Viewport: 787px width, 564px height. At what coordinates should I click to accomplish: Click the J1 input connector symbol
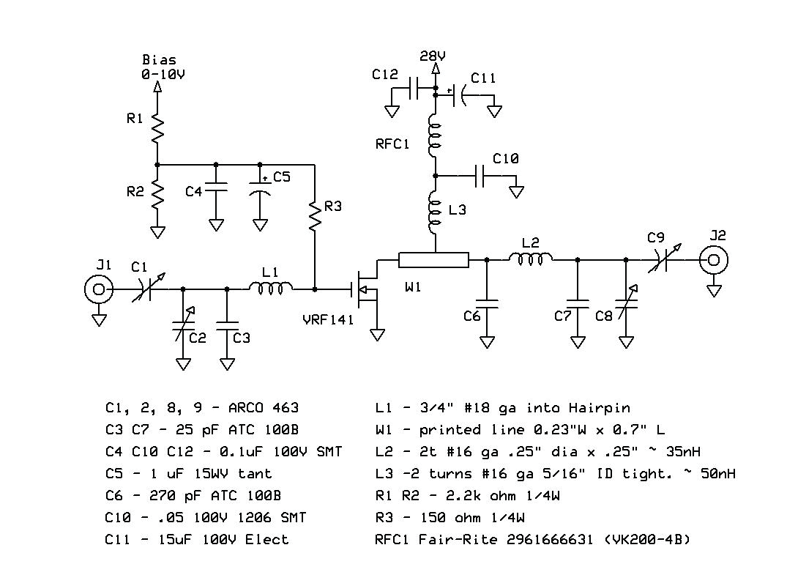[99, 290]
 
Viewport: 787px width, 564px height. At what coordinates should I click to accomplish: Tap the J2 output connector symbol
[714, 260]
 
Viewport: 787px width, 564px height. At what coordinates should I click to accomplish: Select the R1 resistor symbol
[157, 129]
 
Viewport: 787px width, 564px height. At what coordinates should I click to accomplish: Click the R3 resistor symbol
[316, 216]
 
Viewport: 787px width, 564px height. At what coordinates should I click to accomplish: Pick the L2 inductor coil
[531, 259]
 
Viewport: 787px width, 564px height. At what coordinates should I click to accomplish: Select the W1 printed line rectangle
[433, 260]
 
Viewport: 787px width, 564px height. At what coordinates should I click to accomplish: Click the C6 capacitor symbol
[487, 303]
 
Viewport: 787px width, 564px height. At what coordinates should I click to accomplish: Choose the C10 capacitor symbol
[480, 176]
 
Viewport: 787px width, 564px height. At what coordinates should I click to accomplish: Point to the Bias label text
[159, 60]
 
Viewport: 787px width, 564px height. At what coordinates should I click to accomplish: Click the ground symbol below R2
[157, 232]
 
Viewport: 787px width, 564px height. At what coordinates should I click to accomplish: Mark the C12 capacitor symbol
[414, 92]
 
